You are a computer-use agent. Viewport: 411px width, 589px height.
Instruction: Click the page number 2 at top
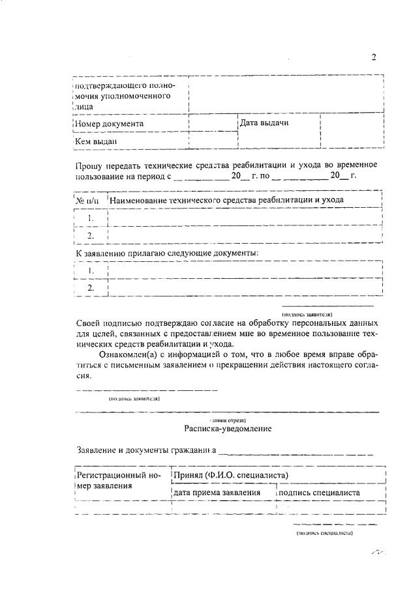tap(374, 57)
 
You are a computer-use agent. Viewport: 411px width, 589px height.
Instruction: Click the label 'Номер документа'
tap(109, 123)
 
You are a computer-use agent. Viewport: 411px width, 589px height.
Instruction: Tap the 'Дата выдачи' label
tap(264, 122)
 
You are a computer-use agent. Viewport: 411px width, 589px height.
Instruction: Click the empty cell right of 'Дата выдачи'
tap(352, 131)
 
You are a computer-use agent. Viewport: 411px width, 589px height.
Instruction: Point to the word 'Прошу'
tap(88, 165)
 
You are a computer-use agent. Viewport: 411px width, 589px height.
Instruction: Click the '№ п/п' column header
tap(89, 200)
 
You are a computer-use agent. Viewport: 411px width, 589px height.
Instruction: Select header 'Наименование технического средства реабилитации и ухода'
tap(226, 199)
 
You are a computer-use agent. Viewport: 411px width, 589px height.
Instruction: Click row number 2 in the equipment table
tap(91, 235)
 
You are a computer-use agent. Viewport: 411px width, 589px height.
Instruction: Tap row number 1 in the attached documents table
tap(91, 270)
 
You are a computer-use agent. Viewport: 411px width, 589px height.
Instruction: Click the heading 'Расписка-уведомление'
tap(226, 429)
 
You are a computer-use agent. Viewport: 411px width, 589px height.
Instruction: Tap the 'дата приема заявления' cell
tap(217, 493)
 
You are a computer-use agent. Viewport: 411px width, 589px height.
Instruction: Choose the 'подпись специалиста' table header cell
tap(320, 493)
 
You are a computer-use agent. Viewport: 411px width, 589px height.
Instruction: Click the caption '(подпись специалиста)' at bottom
tap(324, 533)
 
